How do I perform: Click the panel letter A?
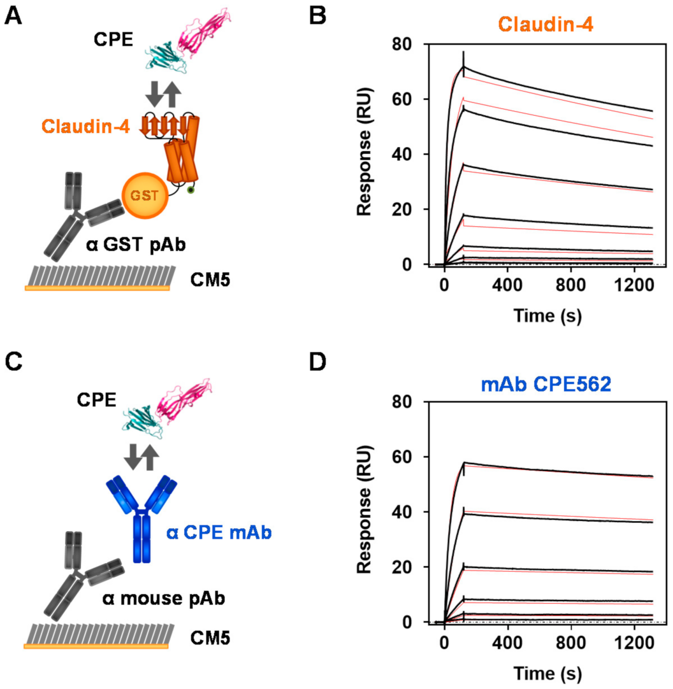(x=13, y=16)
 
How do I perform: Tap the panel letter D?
(x=318, y=362)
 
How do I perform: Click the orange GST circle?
(x=145, y=195)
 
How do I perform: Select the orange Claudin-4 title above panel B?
(x=545, y=24)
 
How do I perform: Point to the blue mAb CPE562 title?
(x=546, y=384)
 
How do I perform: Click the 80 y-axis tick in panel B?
(x=402, y=44)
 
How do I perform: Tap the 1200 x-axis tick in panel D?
(x=634, y=643)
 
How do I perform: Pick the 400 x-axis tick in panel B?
(x=507, y=285)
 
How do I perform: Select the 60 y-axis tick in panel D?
(x=402, y=457)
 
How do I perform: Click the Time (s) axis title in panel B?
(x=548, y=316)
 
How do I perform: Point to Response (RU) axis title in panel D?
(x=365, y=509)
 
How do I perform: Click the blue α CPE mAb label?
(x=219, y=533)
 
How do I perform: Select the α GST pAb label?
(x=136, y=244)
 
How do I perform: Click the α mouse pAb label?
(x=164, y=598)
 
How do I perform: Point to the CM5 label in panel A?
(x=210, y=280)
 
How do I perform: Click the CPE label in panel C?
(x=97, y=400)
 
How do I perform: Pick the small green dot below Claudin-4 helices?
(x=191, y=190)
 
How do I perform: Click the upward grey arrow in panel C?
(x=150, y=457)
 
